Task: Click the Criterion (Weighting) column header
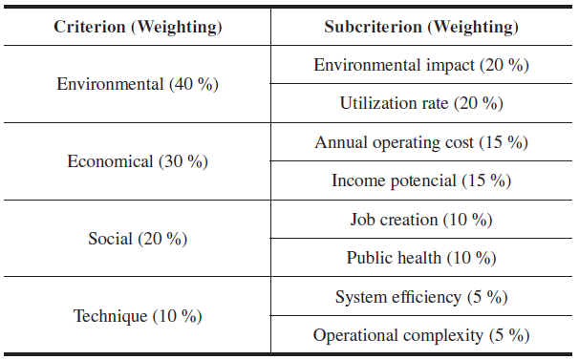(x=138, y=28)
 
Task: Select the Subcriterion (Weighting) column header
(x=421, y=28)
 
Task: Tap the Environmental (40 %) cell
(x=138, y=84)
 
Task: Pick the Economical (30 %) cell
(x=138, y=161)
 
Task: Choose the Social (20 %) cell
(x=138, y=239)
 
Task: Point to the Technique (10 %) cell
(x=138, y=316)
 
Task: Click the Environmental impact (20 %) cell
(x=421, y=65)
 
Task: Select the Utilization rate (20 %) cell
(x=421, y=103)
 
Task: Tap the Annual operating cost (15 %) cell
(x=421, y=143)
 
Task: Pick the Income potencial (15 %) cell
(x=421, y=180)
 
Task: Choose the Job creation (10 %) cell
(x=421, y=220)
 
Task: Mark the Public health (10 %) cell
(x=421, y=258)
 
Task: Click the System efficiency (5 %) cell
(x=421, y=297)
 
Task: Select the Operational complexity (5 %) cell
(x=421, y=335)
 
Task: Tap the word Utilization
(x=394, y=103)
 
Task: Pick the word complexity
(x=443, y=336)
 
